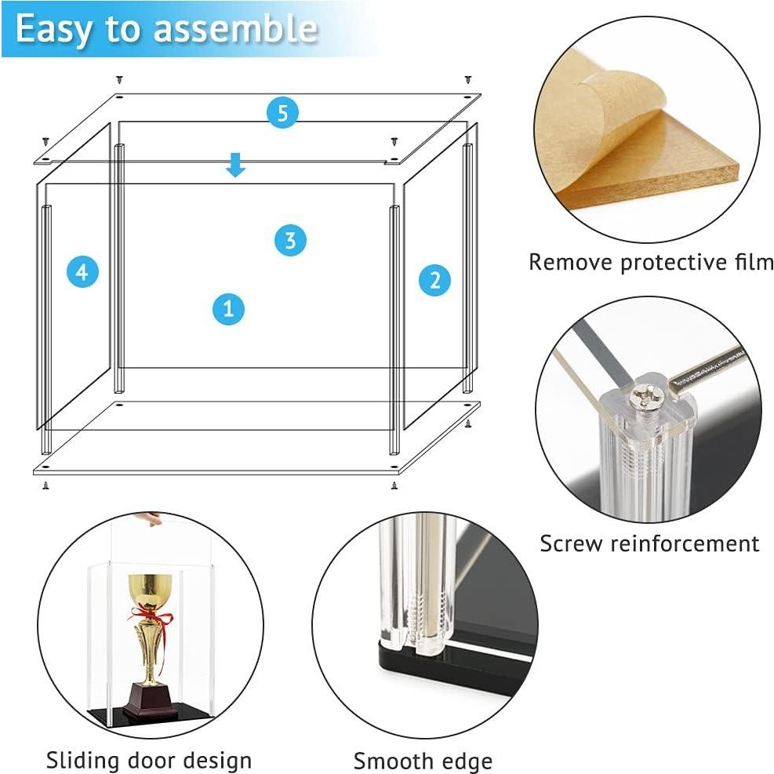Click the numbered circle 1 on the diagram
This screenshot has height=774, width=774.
228,309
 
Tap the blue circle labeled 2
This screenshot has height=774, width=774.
434,281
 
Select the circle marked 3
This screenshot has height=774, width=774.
290,241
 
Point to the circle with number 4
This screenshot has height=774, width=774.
82,272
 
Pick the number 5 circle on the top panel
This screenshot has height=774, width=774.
282,113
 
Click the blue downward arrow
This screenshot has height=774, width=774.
235,165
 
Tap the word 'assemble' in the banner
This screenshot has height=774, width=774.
235,28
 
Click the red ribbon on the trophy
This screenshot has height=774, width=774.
151,618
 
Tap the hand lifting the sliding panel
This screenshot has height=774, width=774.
150,518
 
